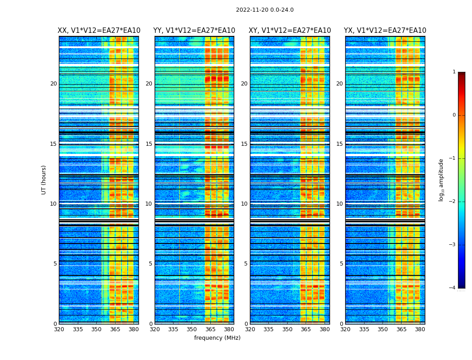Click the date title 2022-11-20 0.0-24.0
point(265,10)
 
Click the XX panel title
point(99,31)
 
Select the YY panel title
point(194,31)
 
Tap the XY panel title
point(290,31)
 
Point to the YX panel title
point(385,31)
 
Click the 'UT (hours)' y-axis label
point(44,180)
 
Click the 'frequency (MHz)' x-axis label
point(217,338)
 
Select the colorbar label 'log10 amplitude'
point(441,180)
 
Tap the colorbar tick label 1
point(454,72)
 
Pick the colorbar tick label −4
point(453,288)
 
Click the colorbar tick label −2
point(453,202)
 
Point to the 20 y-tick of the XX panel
point(53,84)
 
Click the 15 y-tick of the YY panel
point(149,144)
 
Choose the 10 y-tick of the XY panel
point(244,204)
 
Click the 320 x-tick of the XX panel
point(59,329)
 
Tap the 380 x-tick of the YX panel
point(420,329)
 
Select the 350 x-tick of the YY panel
point(192,329)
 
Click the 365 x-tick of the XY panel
point(306,329)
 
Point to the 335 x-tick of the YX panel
point(364,329)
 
